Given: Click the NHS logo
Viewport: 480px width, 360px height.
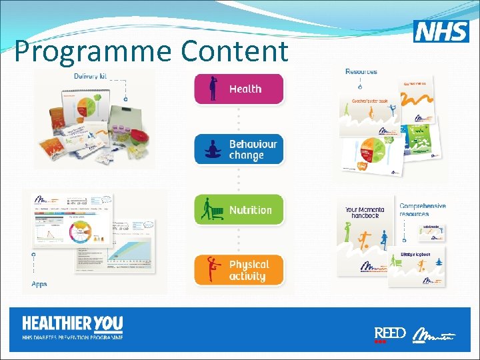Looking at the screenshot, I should click(x=441, y=31).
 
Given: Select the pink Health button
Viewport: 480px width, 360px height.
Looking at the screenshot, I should click(x=239, y=89).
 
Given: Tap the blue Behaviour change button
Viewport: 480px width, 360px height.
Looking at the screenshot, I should click(x=239, y=149).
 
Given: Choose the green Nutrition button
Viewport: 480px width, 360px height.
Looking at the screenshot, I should click(x=239, y=210).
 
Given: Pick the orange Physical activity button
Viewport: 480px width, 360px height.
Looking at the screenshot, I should click(x=239, y=270).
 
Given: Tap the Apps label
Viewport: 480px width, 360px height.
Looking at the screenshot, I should click(x=39, y=283).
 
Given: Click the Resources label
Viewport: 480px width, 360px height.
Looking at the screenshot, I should click(x=361, y=71).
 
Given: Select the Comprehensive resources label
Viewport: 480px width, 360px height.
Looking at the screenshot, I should click(x=423, y=210).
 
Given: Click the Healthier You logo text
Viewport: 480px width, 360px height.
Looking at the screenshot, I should click(x=72, y=325).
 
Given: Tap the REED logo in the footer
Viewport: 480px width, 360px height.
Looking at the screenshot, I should click(x=389, y=333).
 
